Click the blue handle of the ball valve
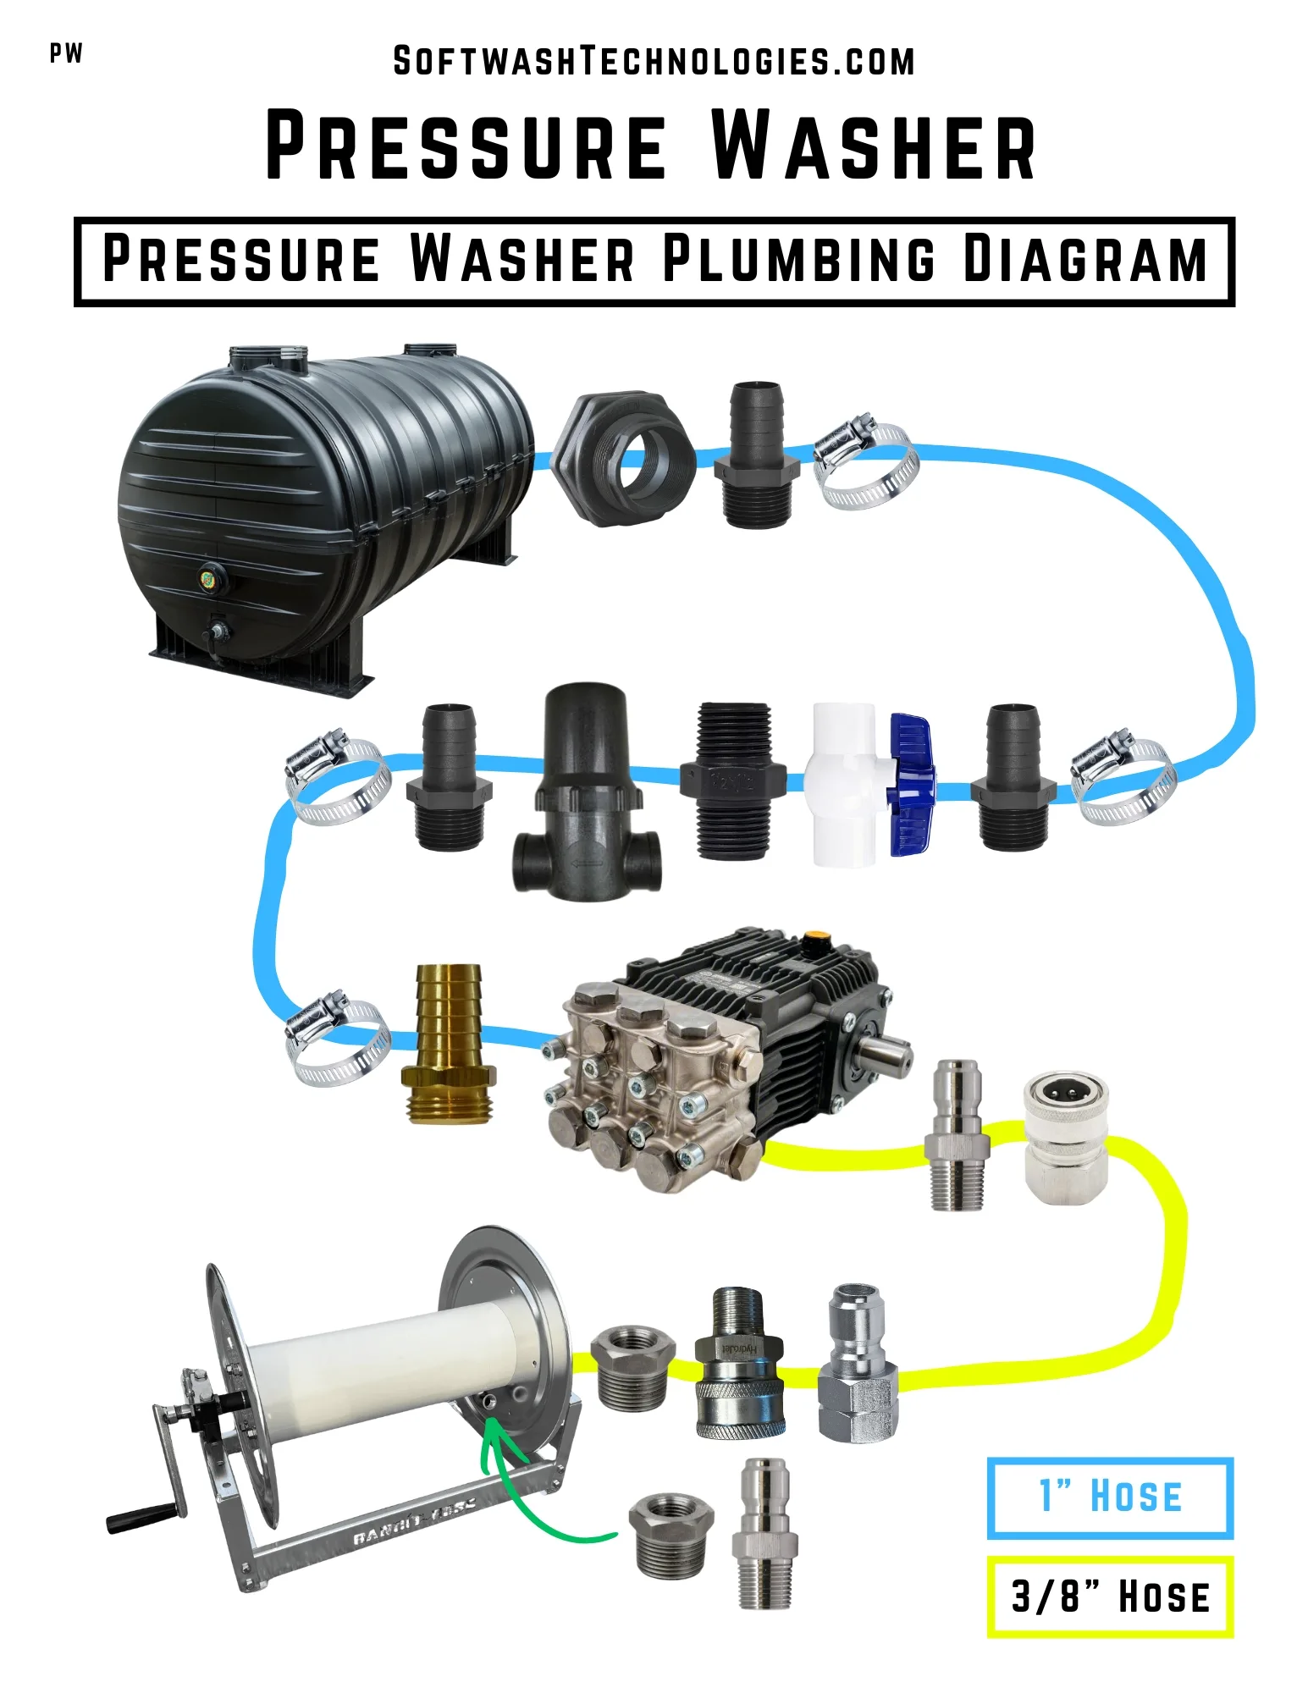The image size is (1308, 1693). [911, 783]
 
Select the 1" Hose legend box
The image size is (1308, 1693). [1109, 1497]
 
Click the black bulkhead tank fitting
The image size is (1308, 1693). [623, 457]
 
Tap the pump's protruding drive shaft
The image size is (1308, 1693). [885, 1055]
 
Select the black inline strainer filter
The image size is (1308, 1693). [585, 796]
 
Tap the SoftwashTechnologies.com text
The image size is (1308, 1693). [654, 62]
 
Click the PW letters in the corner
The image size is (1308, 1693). [66, 53]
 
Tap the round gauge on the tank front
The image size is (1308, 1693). [207, 579]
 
